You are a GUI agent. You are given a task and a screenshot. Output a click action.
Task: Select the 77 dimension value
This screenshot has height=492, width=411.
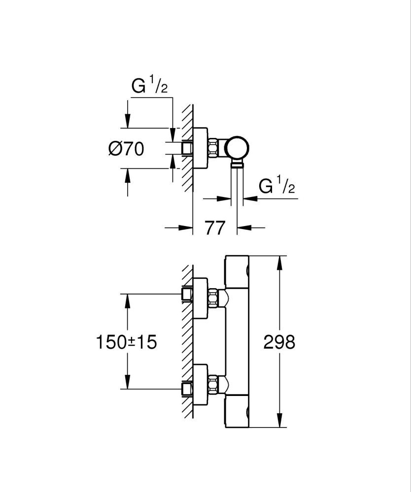click(x=215, y=228)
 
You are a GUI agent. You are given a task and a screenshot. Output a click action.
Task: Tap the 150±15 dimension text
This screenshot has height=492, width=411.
click(x=126, y=342)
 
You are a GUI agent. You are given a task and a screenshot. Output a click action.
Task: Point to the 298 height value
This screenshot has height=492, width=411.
click(x=279, y=342)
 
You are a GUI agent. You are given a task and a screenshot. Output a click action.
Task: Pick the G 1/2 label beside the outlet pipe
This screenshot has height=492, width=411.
click(x=276, y=187)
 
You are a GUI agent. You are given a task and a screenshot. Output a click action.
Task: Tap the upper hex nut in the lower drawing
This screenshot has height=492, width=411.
click(x=213, y=298)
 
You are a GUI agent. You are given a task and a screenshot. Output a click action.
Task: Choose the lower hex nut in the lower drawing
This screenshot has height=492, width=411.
click(x=213, y=384)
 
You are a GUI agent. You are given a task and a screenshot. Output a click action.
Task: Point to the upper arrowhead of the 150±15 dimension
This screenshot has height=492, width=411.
click(x=128, y=301)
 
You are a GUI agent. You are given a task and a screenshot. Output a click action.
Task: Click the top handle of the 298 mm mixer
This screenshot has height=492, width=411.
click(x=237, y=272)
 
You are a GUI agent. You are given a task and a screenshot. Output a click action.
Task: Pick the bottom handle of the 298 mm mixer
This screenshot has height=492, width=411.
click(x=237, y=410)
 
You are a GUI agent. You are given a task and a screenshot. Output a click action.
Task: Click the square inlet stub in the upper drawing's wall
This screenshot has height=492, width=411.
click(x=186, y=148)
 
